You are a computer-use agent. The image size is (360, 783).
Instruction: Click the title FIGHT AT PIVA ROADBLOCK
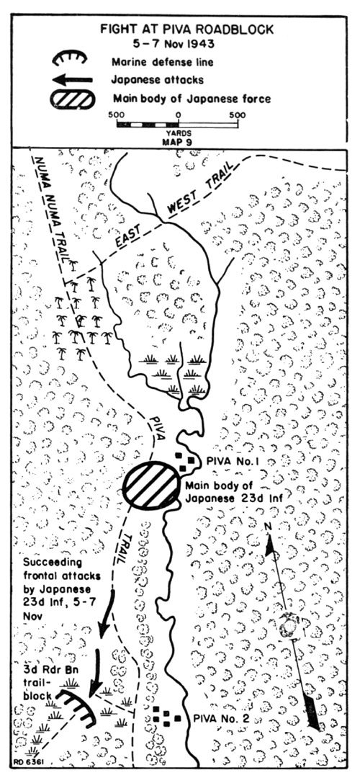click(186, 30)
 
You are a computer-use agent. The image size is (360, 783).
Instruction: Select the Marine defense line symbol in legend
click(70, 57)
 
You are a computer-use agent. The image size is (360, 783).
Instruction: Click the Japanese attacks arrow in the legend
click(73, 79)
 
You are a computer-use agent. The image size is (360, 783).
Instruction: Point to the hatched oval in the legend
click(72, 99)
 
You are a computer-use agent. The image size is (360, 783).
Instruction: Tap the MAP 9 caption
click(178, 140)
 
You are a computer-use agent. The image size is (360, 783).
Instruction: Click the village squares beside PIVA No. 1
click(184, 462)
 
